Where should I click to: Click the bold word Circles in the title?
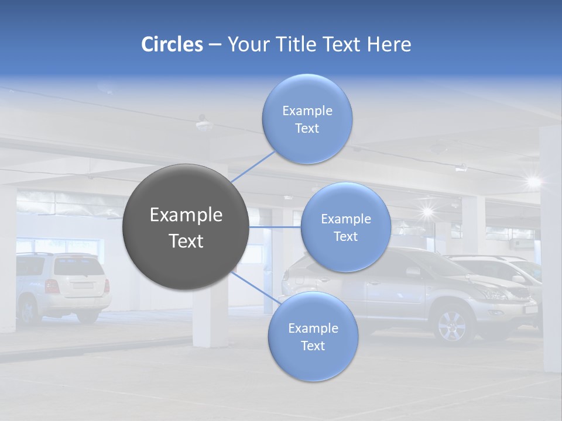tap(172, 44)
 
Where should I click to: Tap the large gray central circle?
tap(186, 227)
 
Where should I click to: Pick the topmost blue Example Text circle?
tap(307, 119)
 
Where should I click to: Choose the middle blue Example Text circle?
tap(345, 227)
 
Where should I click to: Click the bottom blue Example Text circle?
tap(313, 337)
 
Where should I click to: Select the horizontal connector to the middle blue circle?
tap(275, 226)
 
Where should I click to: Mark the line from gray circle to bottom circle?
tap(253, 287)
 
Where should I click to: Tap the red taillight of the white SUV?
tap(52, 286)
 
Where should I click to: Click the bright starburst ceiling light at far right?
tap(533, 181)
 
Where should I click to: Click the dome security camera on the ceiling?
tap(204, 124)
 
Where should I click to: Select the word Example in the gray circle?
tap(186, 215)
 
